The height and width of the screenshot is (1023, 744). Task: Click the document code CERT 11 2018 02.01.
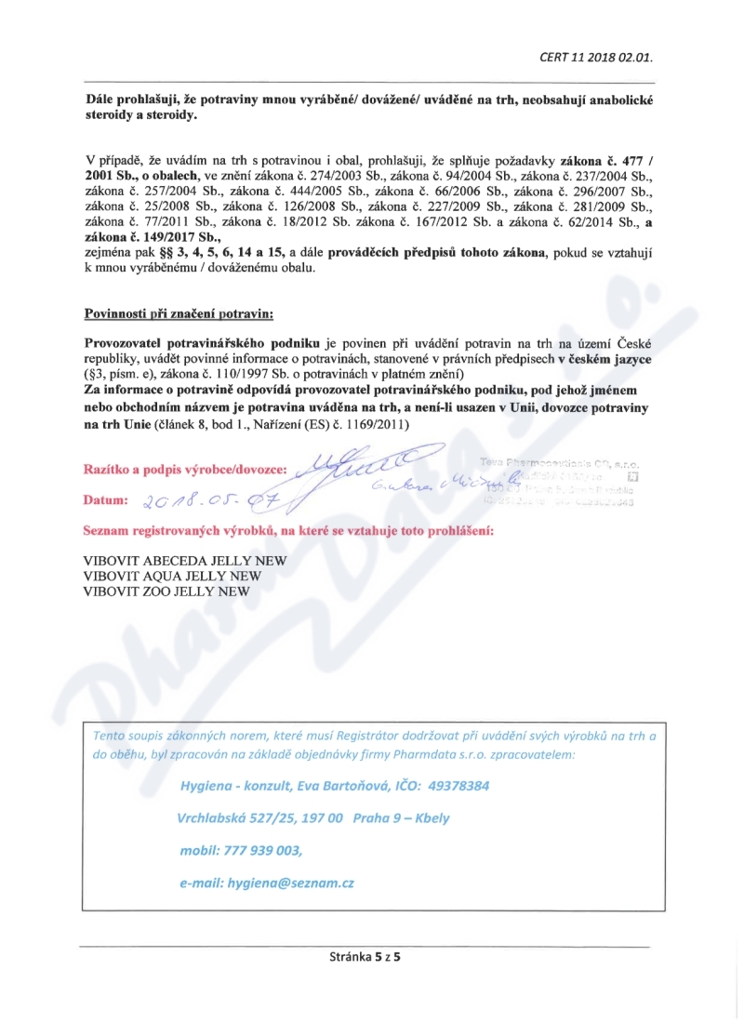(x=595, y=57)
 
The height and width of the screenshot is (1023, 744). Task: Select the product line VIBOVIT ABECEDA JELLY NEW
(x=185, y=561)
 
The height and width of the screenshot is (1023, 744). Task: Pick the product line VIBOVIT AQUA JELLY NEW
(x=172, y=576)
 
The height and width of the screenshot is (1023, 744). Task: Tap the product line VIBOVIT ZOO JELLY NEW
(x=166, y=591)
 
